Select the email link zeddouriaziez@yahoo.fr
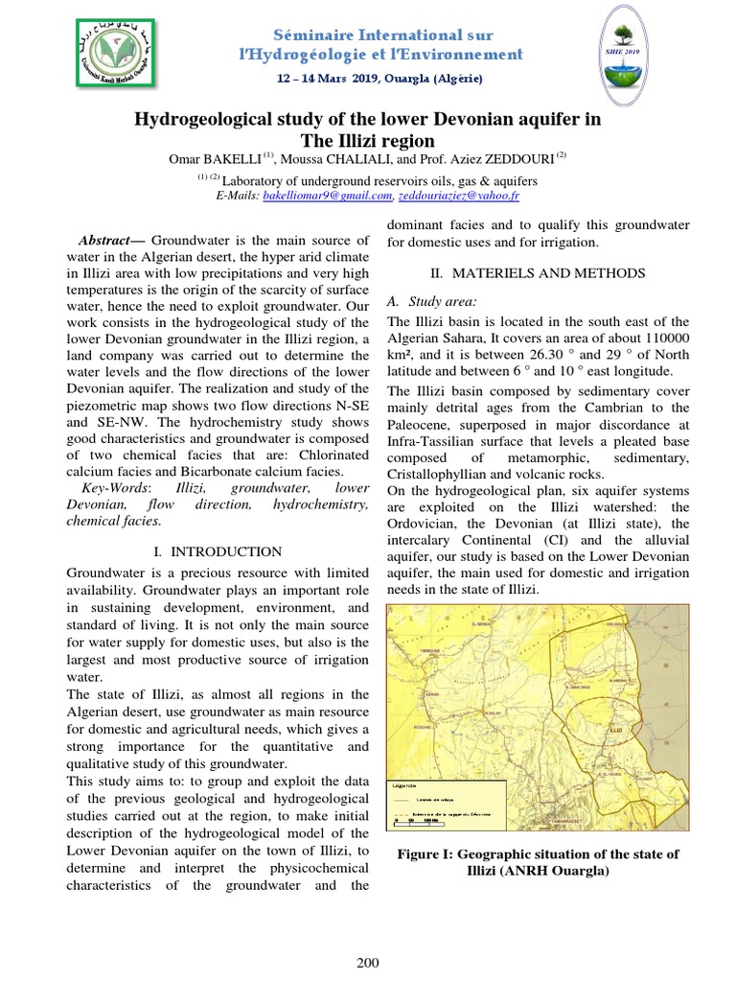tap(457, 196)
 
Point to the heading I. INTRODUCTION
tap(218, 551)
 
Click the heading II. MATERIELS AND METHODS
tap(538, 273)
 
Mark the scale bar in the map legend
tap(420, 822)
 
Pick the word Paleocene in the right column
tap(419, 424)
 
